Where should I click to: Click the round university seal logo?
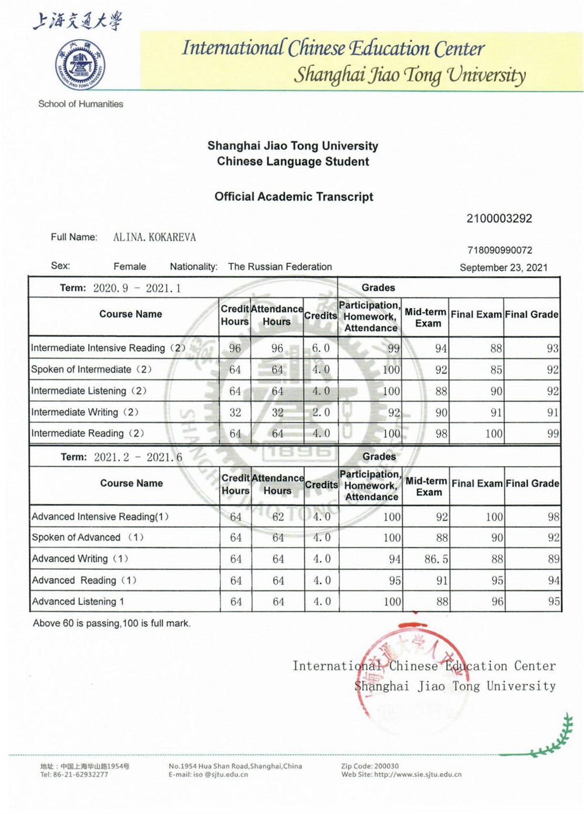(x=80, y=64)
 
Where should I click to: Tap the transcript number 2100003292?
(x=499, y=218)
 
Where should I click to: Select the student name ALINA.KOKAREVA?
(x=155, y=237)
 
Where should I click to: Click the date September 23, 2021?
(x=503, y=267)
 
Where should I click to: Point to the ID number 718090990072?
(x=499, y=251)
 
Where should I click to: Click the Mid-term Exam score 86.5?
(x=436, y=559)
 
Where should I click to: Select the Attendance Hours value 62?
(x=278, y=517)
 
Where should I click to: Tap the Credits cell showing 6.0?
(x=321, y=348)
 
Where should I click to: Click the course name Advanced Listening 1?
(x=78, y=601)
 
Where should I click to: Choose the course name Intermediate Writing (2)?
(x=85, y=412)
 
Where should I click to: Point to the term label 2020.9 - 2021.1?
(x=137, y=288)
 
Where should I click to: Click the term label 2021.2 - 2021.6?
(x=138, y=457)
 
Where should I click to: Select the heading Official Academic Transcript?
(x=294, y=197)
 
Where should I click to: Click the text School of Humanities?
(x=81, y=104)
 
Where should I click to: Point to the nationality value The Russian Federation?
(x=280, y=267)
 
